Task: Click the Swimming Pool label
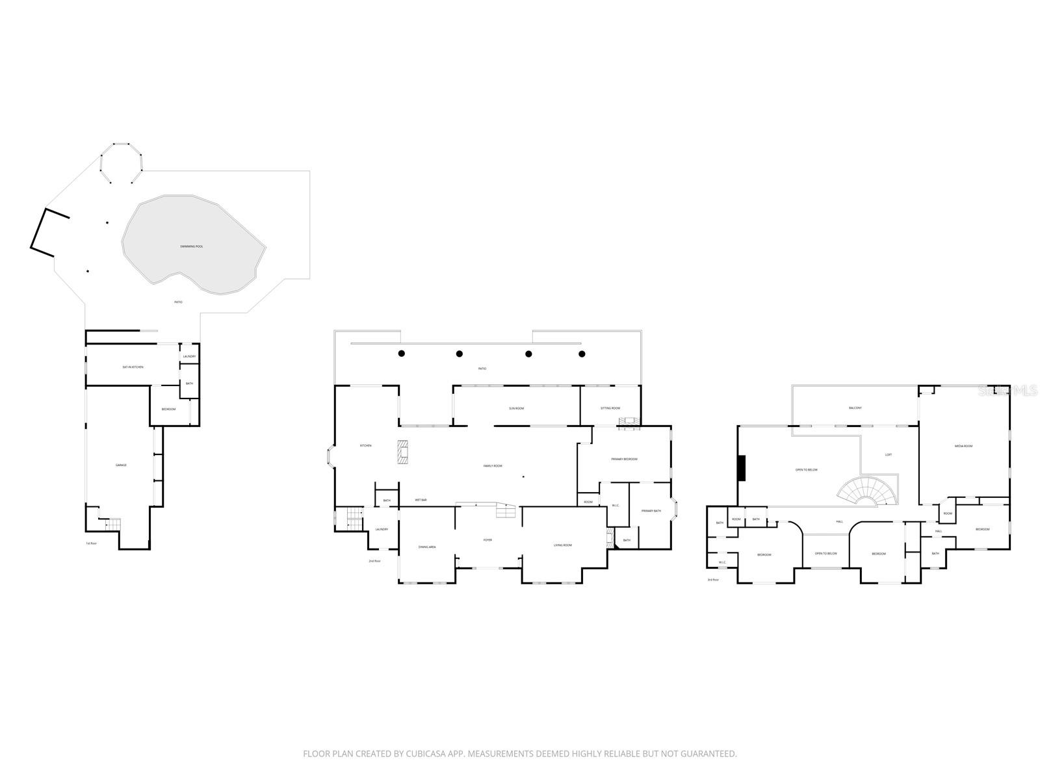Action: click(x=192, y=246)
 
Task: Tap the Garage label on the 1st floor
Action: click(x=121, y=465)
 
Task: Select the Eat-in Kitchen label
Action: click(x=133, y=367)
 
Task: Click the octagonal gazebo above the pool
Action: click(x=122, y=162)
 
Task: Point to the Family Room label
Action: click(x=493, y=466)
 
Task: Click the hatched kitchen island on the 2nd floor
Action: click(x=404, y=452)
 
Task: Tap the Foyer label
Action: click(x=487, y=540)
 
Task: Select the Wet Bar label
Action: click(x=421, y=500)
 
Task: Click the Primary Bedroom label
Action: click(x=624, y=460)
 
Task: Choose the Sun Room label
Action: click(x=516, y=408)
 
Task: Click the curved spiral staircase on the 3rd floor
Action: click(x=868, y=492)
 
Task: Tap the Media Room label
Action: click(x=963, y=446)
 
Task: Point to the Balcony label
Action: click(x=855, y=408)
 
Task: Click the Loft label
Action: click(x=889, y=454)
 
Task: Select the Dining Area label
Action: click(x=427, y=547)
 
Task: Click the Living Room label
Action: click(x=562, y=545)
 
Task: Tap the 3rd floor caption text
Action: click(x=713, y=579)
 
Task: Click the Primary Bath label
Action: click(x=651, y=511)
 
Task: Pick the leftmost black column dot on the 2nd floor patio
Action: click(x=402, y=354)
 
